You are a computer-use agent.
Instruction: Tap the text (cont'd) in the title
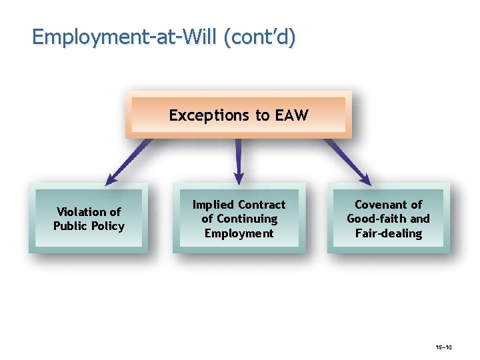tap(260, 37)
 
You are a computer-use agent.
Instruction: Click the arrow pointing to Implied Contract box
tap(239, 160)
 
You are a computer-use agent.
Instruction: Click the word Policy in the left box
tap(108, 226)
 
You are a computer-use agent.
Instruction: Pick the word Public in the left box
tap(71, 226)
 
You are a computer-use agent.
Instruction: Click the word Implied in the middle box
tap(213, 205)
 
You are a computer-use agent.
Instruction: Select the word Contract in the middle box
tap(261, 205)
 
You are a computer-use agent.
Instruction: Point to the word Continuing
tap(246, 219)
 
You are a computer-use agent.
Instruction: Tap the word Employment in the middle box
tap(239, 233)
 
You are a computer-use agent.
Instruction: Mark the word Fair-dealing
tap(389, 233)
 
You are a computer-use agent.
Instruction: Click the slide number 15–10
tap(443, 347)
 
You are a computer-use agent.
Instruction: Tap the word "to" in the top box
tap(262, 115)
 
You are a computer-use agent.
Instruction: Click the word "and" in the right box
tap(420, 219)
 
